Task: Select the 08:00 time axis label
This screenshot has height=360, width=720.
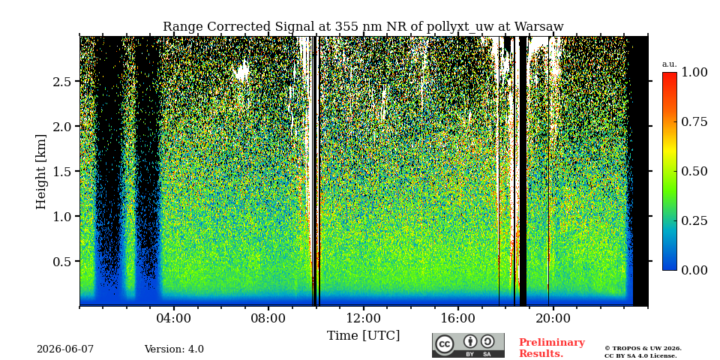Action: (268, 319)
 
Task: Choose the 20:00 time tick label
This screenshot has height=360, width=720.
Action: (553, 319)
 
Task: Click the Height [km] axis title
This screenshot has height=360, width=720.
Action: (40, 172)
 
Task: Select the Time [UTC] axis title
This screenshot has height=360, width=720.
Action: (363, 336)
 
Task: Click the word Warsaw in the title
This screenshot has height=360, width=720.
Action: (538, 27)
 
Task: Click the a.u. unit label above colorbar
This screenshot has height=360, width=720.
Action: (669, 64)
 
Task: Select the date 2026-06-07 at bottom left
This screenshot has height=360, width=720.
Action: (65, 349)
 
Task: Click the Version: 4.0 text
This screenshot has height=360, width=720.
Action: (174, 349)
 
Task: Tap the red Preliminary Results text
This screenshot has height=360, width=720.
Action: (551, 348)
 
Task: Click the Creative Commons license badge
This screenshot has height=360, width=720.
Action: (468, 345)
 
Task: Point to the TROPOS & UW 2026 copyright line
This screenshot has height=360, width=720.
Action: (643, 349)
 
